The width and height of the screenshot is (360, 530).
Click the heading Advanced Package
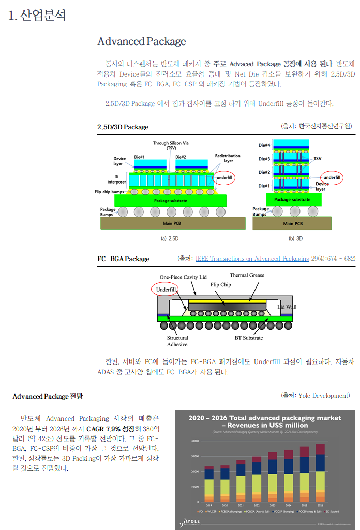pyautogui.click(x=141, y=41)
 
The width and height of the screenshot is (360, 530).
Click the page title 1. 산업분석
pyautogui.click(x=37, y=15)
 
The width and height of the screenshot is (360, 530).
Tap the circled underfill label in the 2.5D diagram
pyautogui.click(x=224, y=177)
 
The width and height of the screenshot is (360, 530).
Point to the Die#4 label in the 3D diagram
pyautogui.click(x=264, y=145)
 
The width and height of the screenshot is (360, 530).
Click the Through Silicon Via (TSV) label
pyautogui.click(x=171, y=145)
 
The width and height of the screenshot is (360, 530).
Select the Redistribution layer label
pyautogui.click(x=228, y=158)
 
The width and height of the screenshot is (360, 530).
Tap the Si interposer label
pyautogui.click(x=120, y=179)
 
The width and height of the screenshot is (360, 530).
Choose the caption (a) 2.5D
pyautogui.click(x=171, y=239)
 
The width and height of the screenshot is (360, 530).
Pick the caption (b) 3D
pyautogui.click(x=295, y=239)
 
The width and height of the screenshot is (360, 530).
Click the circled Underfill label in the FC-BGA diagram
pyautogui.click(x=167, y=290)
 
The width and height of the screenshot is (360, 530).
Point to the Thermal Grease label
pyautogui.click(x=247, y=275)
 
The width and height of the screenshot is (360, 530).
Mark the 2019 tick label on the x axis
pyautogui.click(x=209, y=505)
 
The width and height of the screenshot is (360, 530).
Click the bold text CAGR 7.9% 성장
pyautogui.click(x=111, y=429)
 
